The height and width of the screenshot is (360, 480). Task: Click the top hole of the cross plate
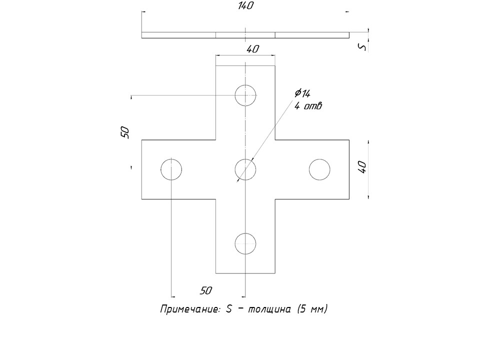[x=245, y=95]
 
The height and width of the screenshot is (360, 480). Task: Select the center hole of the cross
[x=245, y=169]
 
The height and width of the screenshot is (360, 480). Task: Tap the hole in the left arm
[x=171, y=169]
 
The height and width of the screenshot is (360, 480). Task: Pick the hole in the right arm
[x=319, y=169]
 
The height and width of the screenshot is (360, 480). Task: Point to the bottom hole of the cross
[x=245, y=243]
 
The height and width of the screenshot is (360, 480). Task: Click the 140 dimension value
[x=246, y=6]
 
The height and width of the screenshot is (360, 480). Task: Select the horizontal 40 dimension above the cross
[x=252, y=49]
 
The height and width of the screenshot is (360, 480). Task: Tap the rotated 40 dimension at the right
[x=362, y=167]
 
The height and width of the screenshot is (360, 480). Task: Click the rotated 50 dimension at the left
[x=125, y=132]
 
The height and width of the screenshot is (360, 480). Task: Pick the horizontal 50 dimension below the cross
[x=206, y=290]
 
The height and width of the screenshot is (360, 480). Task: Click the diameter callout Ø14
[x=302, y=93]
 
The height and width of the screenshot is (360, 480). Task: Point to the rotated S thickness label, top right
[x=363, y=47]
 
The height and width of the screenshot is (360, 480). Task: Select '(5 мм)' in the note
[x=312, y=309]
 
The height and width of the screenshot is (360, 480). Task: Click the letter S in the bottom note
[x=228, y=309]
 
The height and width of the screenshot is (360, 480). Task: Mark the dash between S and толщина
[x=240, y=308]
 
